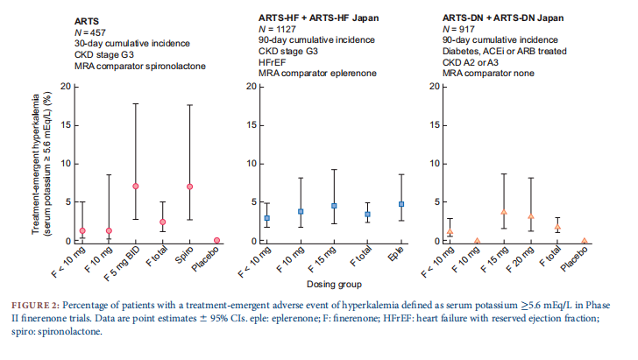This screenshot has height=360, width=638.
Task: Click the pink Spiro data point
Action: pos(189,187)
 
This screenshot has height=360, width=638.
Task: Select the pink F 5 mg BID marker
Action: pos(136,187)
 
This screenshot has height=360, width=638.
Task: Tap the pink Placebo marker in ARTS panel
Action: pos(216,240)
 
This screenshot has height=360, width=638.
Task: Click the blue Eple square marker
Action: pos(401,204)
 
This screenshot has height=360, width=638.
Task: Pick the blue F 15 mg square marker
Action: pos(334,206)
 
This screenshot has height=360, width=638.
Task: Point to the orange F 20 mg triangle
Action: pos(530,216)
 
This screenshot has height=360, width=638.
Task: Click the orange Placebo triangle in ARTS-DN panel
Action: pos(585,241)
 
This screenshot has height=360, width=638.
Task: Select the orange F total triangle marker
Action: pos(557,227)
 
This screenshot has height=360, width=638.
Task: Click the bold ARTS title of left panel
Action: pos(87,22)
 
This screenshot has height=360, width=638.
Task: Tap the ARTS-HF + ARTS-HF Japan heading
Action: pos(319,18)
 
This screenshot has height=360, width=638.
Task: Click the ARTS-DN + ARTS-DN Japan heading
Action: pos(503,18)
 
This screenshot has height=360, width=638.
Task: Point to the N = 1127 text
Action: pos(277,29)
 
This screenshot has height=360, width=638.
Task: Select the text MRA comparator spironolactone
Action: pos(140,67)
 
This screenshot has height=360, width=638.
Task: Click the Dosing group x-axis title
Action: pos(334,285)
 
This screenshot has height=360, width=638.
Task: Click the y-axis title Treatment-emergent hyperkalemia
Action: pos(36,165)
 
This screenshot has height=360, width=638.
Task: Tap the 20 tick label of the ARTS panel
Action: pos(66,87)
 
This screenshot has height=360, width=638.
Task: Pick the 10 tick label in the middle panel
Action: pos(252,164)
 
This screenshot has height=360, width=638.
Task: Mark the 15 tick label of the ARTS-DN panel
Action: pos(435,125)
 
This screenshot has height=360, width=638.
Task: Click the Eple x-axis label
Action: pos(396,254)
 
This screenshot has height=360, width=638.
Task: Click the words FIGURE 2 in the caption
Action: pos(35,306)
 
